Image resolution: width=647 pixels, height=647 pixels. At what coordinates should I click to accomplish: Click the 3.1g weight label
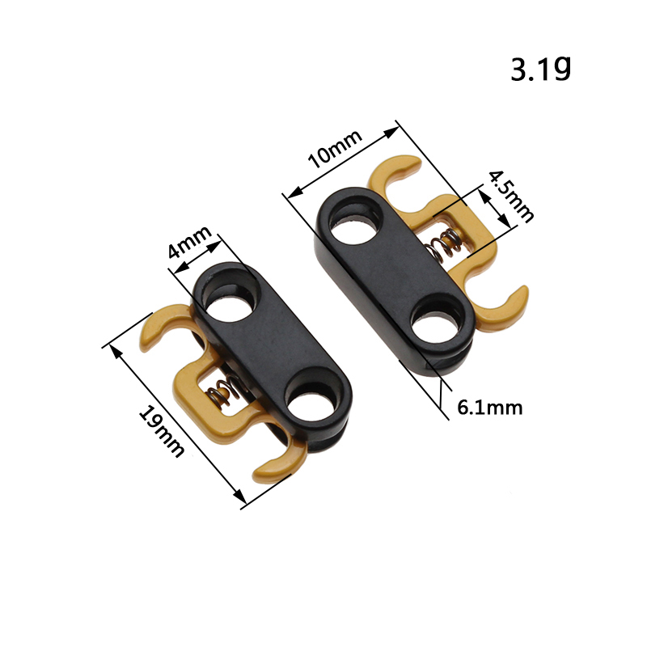541,69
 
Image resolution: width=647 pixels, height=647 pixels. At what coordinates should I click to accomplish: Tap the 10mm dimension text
335,149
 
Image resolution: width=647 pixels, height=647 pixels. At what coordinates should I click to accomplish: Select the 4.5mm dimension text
511,197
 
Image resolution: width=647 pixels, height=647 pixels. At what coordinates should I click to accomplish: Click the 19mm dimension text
160,431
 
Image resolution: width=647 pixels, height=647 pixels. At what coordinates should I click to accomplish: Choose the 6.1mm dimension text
490,408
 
